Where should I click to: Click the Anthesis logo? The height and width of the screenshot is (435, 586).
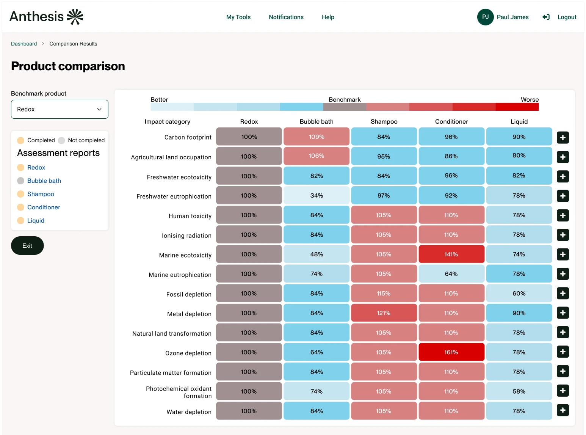[x=46, y=17]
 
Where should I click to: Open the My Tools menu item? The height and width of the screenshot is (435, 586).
[x=238, y=17]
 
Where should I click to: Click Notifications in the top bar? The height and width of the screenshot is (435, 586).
[x=286, y=17]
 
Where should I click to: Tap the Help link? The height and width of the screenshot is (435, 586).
[x=328, y=17]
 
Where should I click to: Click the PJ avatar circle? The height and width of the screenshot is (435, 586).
[x=485, y=17]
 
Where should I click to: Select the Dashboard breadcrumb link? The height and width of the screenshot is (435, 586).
[x=24, y=44]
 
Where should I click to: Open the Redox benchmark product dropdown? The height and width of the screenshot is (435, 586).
[x=60, y=109]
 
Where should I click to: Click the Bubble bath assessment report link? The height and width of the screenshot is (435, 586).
[x=44, y=181]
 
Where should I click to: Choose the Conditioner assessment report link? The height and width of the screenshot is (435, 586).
[x=44, y=207]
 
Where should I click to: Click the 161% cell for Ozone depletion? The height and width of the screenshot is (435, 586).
[x=451, y=352]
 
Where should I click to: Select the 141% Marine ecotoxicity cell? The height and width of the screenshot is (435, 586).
[x=451, y=254]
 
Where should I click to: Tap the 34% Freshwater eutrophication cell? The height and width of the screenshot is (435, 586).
[x=317, y=196]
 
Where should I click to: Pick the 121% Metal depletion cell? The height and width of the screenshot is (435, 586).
[x=384, y=313]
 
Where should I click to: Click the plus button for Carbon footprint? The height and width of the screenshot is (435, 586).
[x=562, y=138]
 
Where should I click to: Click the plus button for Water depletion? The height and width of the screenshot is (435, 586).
[x=562, y=410]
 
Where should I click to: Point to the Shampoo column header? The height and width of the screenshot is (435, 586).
[x=384, y=122]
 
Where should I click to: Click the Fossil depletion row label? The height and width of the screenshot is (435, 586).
[x=188, y=294]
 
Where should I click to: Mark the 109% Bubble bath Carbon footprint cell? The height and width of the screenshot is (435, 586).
[x=317, y=137]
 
